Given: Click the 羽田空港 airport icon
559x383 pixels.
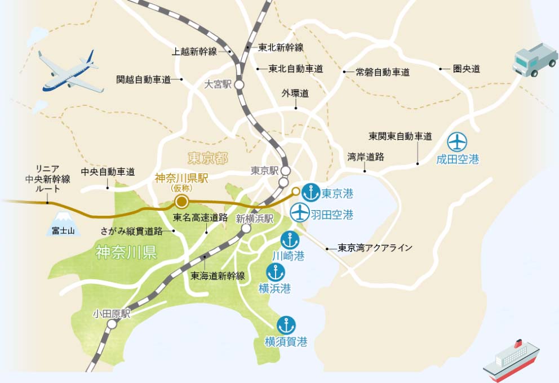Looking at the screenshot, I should [x=300, y=212].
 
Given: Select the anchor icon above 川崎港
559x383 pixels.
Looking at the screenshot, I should [x=290, y=240].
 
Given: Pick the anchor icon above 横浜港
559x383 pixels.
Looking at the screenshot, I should [x=275, y=273].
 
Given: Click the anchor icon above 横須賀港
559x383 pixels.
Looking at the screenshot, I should [x=286, y=325].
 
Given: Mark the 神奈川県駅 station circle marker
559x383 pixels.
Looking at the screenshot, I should [x=181, y=202].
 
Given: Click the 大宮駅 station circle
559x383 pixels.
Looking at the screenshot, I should [x=239, y=85].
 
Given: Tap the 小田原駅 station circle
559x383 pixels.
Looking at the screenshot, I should [x=113, y=324].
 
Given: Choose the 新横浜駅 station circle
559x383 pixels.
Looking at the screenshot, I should [x=246, y=229].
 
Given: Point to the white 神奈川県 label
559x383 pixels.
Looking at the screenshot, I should [x=126, y=252].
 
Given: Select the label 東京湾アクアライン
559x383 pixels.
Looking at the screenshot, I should [x=375, y=248].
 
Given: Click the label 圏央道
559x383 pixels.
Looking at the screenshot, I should [x=467, y=69].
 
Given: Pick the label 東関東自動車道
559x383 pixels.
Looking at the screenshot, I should [x=400, y=136].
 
